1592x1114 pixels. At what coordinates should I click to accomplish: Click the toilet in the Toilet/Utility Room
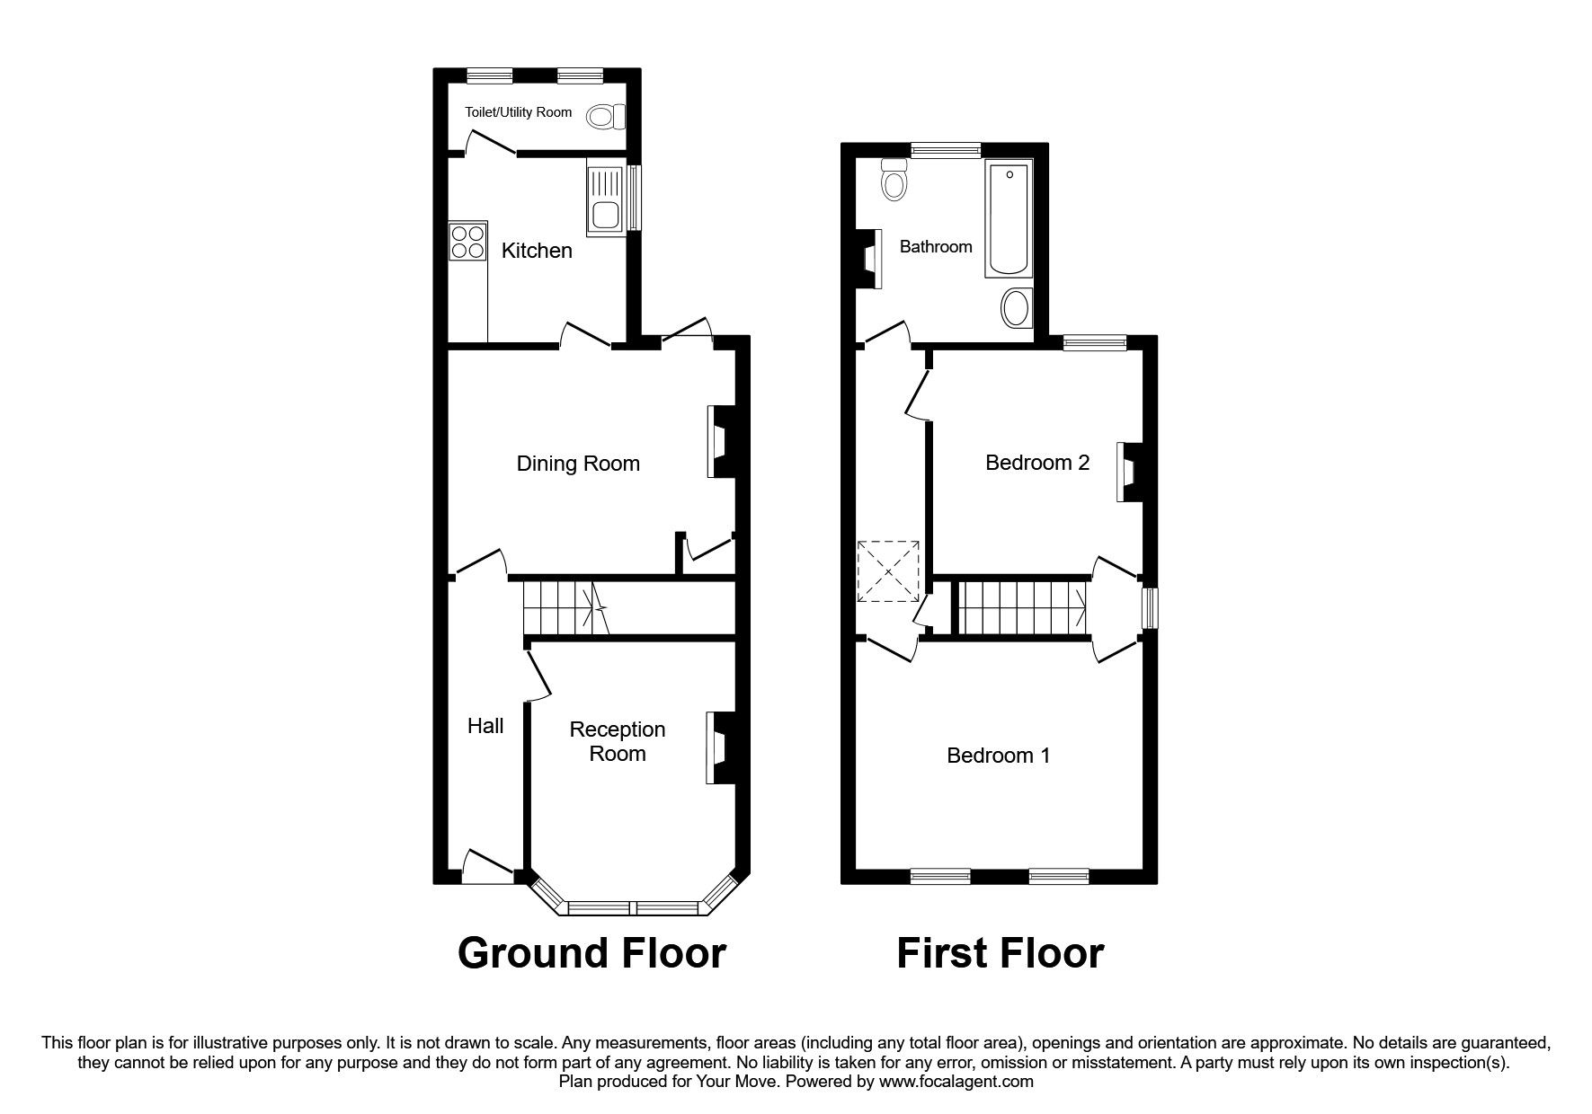tap(605, 116)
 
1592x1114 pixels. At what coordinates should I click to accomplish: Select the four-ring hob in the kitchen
tap(467, 241)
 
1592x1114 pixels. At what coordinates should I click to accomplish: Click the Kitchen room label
tap(537, 251)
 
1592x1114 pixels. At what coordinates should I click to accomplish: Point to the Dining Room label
tap(578, 464)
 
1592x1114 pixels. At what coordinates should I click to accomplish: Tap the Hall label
tap(485, 726)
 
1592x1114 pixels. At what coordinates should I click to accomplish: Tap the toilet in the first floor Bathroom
tap(894, 180)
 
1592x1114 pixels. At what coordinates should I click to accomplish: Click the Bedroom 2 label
tap(1037, 463)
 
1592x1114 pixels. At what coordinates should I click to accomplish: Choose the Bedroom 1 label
tap(998, 756)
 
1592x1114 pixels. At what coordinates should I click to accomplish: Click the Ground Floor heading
tap(591, 953)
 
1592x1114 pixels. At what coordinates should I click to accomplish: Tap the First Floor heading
tap(1000, 953)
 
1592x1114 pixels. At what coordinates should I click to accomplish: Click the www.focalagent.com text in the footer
tap(956, 1082)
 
